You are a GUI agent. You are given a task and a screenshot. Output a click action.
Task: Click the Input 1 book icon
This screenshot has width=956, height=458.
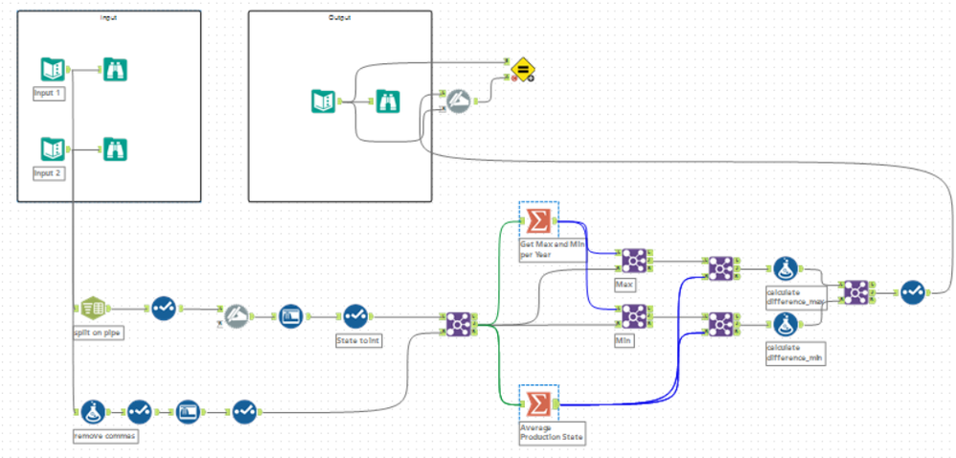click(x=53, y=69)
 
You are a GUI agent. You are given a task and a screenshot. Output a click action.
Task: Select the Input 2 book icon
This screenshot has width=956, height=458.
click(x=53, y=149)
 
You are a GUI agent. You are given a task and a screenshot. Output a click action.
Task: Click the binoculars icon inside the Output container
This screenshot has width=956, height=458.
click(x=387, y=101)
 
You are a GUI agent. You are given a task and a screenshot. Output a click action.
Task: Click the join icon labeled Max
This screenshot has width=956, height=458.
click(x=633, y=260)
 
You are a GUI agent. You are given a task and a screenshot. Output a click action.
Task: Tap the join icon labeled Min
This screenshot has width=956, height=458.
click(x=633, y=315)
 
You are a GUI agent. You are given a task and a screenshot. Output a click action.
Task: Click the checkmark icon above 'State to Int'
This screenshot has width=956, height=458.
click(x=355, y=315)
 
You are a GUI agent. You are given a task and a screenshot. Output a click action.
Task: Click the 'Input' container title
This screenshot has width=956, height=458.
click(x=108, y=17)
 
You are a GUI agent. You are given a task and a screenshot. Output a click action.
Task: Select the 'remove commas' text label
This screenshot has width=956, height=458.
click(x=102, y=436)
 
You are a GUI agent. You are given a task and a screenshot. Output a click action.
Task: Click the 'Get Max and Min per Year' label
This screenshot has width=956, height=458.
click(x=550, y=249)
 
